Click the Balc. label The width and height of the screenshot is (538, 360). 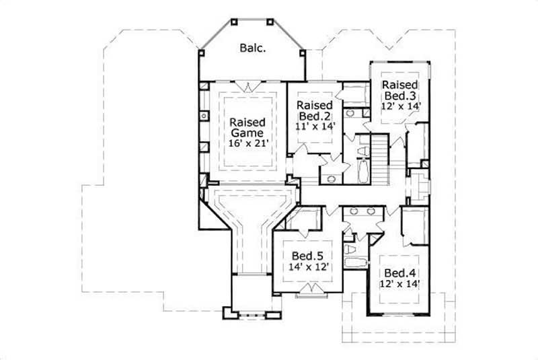pos(252,48)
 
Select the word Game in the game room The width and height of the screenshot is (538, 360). pos(247,135)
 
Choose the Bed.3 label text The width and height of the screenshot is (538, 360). pos(401,96)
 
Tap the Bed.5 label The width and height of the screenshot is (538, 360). pos(308,256)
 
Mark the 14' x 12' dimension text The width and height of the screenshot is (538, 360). pos(308,266)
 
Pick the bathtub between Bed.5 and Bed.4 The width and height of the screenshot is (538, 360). pos(354,263)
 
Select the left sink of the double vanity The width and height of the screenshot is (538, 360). pos(354,211)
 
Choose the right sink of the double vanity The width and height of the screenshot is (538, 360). pos(372,211)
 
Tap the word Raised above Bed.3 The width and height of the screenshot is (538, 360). pos(401,85)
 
